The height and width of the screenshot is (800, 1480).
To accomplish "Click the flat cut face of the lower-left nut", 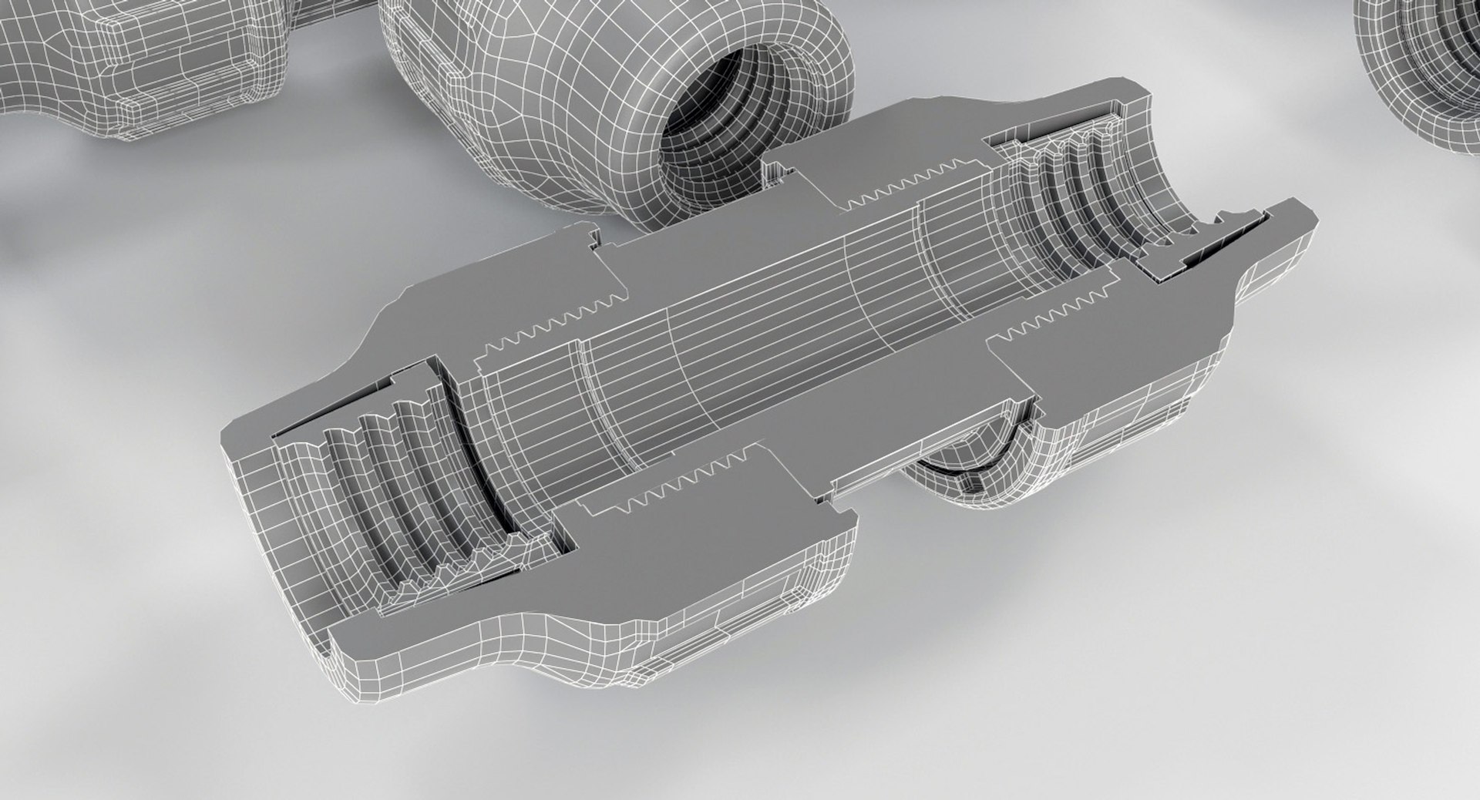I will (694, 539).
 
